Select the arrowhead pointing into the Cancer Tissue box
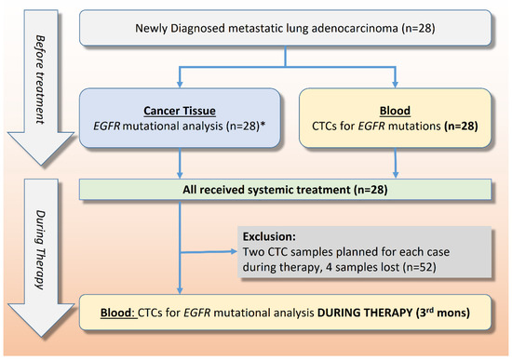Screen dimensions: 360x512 (179, 81)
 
